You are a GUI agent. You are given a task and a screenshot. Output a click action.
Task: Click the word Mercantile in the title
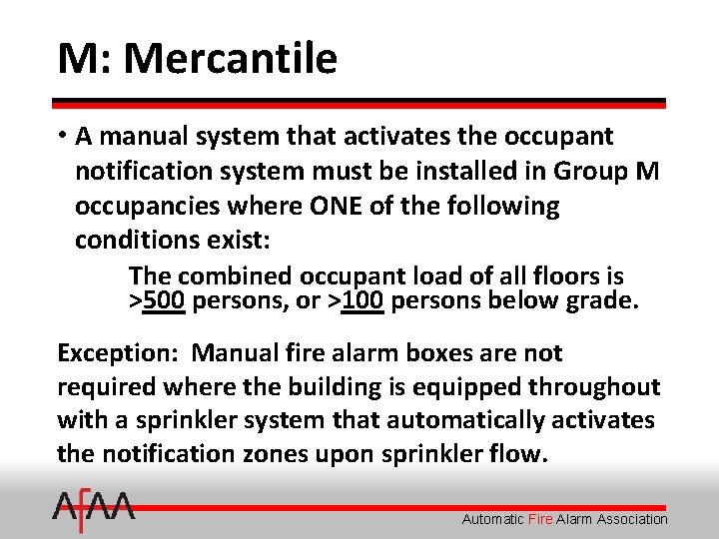tap(230, 59)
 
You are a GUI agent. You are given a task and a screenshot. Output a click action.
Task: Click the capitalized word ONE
tap(358, 206)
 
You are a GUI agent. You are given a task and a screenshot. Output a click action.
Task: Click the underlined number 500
tap(164, 300)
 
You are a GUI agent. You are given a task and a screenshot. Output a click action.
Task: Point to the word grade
tap(599, 300)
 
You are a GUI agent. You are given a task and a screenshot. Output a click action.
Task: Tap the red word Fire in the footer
tap(539, 519)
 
